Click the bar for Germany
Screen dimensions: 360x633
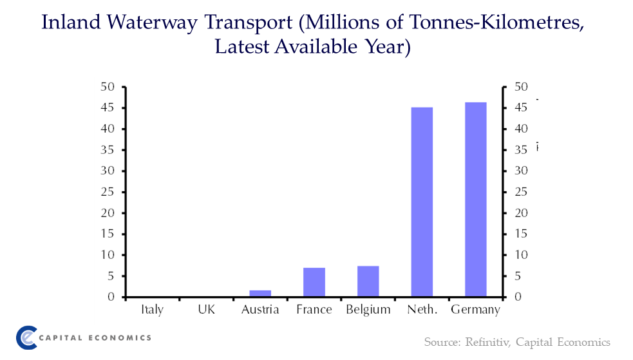pyautogui.click(x=476, y=200)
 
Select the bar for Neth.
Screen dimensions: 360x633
pyautogui.click(x=422, y=202)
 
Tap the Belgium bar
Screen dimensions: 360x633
pyautogui.click(x=368, y=281)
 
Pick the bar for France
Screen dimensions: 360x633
pyautogui.click(x=314, y=282)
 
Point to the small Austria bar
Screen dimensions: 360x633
pyautogui.click(x=260, y=294)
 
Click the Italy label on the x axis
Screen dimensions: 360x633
pyautogui.click(x=152, y=310)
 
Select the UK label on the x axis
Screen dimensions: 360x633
pyautogui.click(x=206, y=310)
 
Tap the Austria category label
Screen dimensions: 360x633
pyautogui.click(x=260, y=310)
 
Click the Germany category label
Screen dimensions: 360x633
pyautogui.click(x=475, y=310)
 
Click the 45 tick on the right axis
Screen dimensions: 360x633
pyautogui.click(x=521, y=108)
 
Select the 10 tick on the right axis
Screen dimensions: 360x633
pyautogui.click(x=521, y=255)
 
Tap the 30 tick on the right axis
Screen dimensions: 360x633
pyautogui.click(x=521, y=171)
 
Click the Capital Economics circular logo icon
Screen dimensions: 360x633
pyautogui.click(x=28, y=337)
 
